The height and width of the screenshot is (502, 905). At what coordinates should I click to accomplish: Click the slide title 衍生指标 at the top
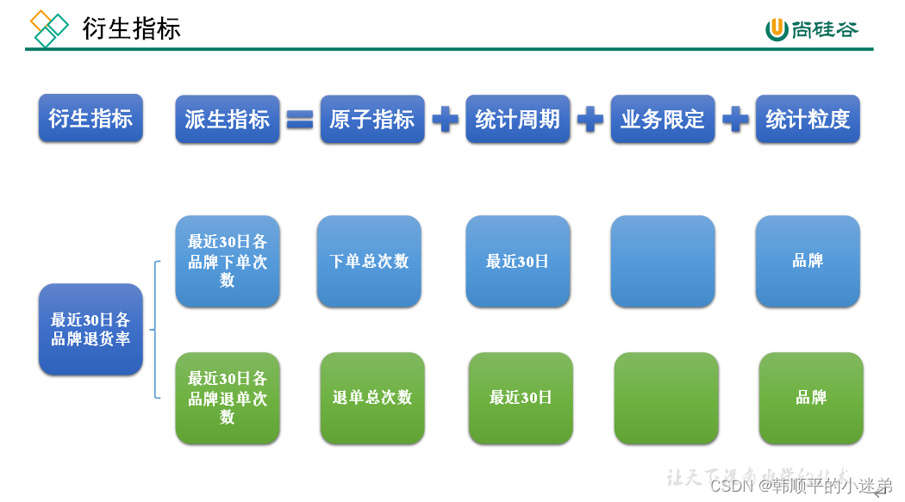point(131,28)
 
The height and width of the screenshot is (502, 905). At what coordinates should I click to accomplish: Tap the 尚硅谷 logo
point(813,29)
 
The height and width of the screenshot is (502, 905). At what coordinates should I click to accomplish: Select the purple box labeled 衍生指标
point(90,119)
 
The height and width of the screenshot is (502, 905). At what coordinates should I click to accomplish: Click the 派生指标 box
point(228,119)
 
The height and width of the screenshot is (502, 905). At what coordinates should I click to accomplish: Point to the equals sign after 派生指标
point(300,120)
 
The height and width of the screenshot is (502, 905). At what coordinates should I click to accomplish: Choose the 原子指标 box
point(372,119)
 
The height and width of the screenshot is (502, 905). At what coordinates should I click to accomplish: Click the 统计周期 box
point(518,119)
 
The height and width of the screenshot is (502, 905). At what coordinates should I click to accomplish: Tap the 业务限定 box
point(663,119)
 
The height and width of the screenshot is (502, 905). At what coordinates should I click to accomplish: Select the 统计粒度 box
point(808,119)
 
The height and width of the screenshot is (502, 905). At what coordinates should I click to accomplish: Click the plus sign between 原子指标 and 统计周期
point(445,120)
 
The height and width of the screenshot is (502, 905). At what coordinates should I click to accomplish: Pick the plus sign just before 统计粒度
point(735,120)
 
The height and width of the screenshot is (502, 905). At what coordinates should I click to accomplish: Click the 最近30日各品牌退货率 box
point(90,329)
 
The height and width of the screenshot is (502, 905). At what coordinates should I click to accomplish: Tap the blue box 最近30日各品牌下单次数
point(228,261)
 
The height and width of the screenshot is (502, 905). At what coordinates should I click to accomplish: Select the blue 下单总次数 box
point(369,261)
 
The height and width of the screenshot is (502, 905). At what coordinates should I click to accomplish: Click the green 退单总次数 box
point(372,398)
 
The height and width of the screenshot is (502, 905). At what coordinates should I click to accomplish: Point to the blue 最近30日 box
point(518,261)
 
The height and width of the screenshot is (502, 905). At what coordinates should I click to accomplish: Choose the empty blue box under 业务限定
point(663,261)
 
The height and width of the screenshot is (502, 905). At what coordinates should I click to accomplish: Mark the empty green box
point(666,398)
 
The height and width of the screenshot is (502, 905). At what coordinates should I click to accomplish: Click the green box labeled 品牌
point(811,398)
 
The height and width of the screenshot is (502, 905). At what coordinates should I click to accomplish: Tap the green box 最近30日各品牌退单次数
point(228,398)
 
